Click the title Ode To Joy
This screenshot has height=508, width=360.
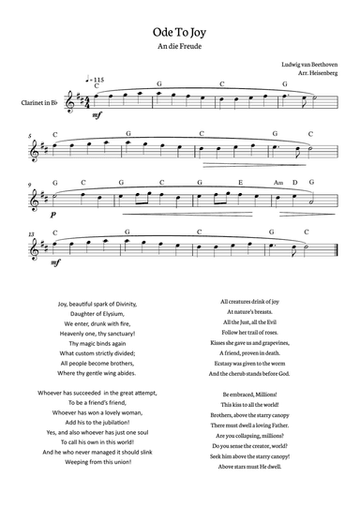[179, 30]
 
